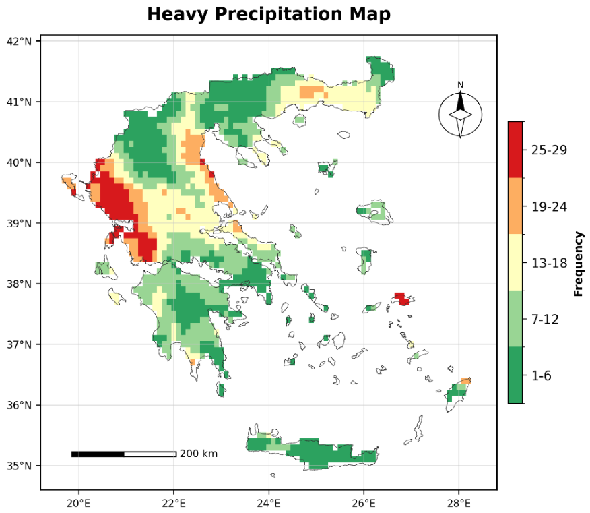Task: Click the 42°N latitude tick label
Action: click(x=19, y=41)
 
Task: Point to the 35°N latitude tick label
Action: click(x=19, y=466)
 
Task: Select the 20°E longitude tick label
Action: click(x=79, y=503)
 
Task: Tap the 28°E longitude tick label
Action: click(x=458, y=503)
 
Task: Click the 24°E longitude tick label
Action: click(x=269, y=503)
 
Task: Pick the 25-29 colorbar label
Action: click(x=549, y=150)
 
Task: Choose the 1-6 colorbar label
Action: click(x=541, y=375)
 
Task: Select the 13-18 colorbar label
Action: click(x=549, y=263)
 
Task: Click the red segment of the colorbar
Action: click(x=515, y=150)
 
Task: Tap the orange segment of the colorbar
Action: click(x=515, y=206)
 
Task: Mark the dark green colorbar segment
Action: click(x=515, y=375)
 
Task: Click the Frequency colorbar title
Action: click(x=579, y=264)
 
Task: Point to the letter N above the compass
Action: click(x=460, y=85)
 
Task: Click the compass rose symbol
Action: click(x=460, y=115)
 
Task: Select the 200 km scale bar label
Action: click(x=199, y=454)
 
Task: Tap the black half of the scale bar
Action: click(x=98, y=454)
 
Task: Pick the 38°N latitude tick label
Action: click(x=19, y=284)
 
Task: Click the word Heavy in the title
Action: click(x=177, y=14)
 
